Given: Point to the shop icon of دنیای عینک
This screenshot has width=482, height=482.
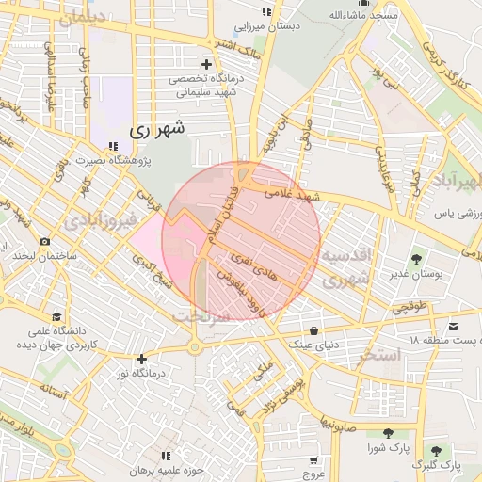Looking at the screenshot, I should pyautogui.click(x=313, y=330).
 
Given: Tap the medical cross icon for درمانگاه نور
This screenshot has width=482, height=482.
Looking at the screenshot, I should pyautogui.click(x=141, y=359).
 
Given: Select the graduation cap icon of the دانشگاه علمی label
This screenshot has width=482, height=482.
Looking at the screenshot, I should pyautogui.click(x=57, y=316).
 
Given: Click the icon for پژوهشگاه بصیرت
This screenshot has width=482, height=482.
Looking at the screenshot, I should pyautogui.click(x=114, y=147).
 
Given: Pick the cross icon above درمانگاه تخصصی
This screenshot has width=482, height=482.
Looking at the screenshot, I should pyautogui.click(x=206, y=63).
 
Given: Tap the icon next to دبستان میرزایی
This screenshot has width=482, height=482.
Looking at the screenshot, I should pyautogui.click(x=266, y=11).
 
